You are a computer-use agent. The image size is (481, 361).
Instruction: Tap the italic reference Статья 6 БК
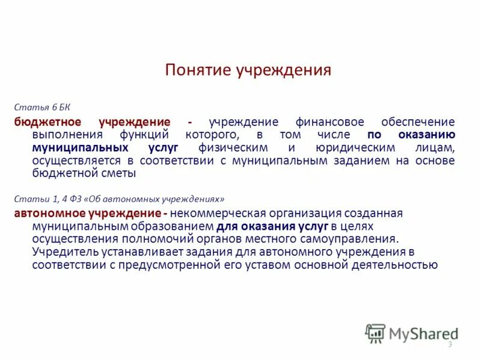point(43,108)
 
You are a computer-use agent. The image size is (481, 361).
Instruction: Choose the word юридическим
point(347,147)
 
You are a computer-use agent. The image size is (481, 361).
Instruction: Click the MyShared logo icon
point(376,333)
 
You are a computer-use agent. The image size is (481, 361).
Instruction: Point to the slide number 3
point(450,344)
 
